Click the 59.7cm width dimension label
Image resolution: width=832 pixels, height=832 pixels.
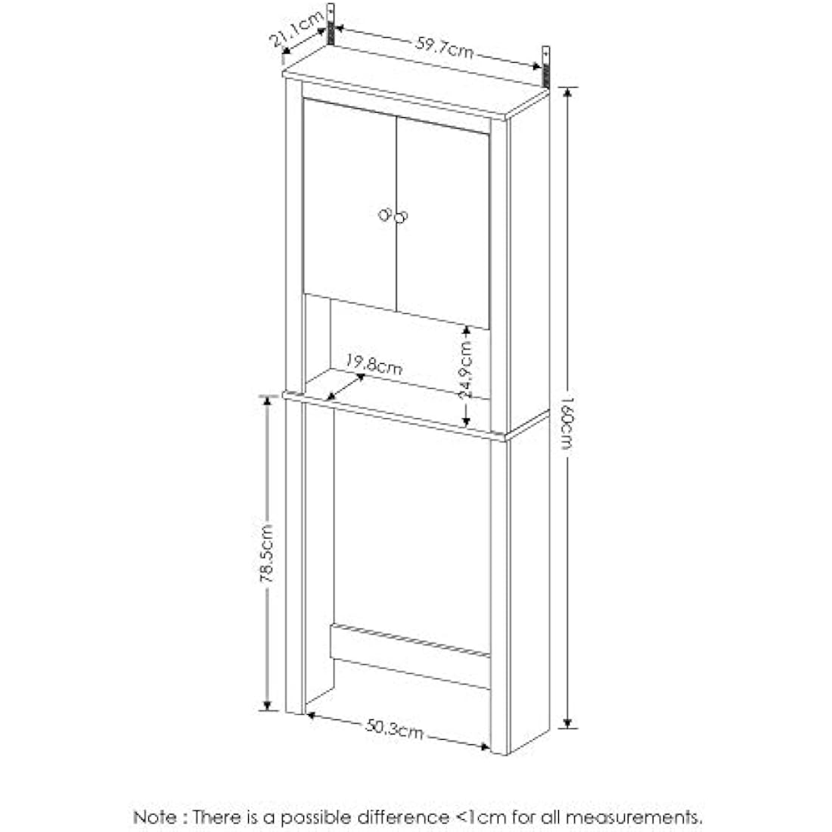(444, 48)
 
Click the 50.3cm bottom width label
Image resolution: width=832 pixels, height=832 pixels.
(394, 729)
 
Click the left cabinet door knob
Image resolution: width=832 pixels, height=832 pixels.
(385, 215)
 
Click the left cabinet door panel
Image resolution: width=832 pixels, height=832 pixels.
(348, 204)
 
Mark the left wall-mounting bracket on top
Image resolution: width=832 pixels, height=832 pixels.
(331, 24)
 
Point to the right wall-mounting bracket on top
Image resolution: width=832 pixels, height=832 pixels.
(545, 66)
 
